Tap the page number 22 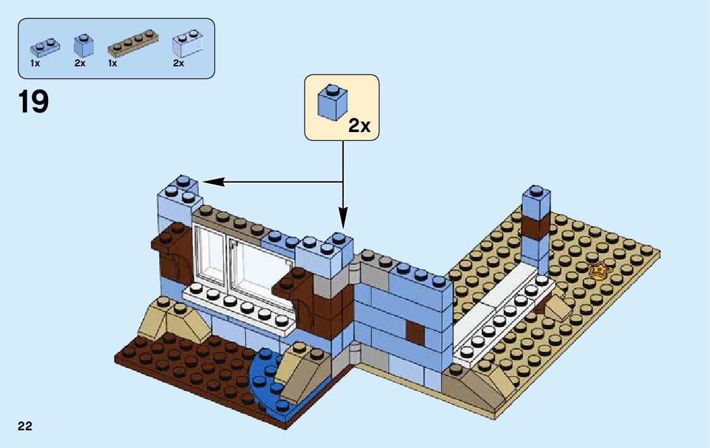pyautogui.click(x=25, y=425)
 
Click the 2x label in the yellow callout pyautogui.click(x=359, y=125)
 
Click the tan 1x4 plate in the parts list pyautogui.click(x=134, y=42)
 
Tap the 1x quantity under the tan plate pyautogui.click(x=113, y=64)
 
